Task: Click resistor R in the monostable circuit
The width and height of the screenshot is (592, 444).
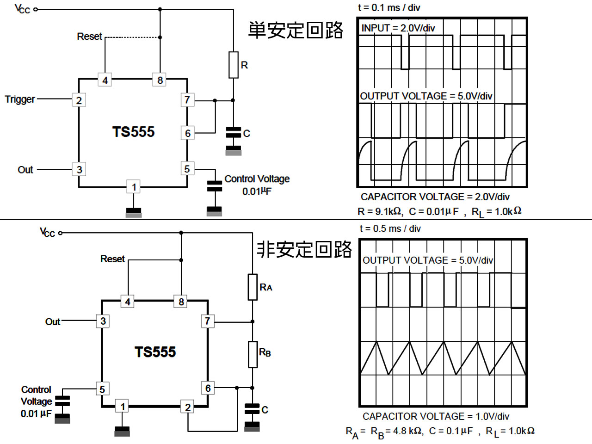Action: (234, 65)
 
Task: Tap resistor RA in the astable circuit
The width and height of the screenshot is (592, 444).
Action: (253, 287)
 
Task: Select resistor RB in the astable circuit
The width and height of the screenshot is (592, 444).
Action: (253, 354)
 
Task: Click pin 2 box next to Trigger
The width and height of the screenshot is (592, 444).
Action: (79, 100)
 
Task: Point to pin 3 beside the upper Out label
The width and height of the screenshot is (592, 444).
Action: (79, 169)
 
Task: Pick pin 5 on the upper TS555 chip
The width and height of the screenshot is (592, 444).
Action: (187, 169)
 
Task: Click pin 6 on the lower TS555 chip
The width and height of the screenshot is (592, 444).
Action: (208, 388)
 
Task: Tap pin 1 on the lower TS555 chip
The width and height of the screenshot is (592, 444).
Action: (123, 407)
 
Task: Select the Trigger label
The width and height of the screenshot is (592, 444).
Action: (20, 99)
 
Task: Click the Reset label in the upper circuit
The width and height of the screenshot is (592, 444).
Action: (89, 37)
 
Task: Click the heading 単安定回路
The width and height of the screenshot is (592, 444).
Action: (296, 30)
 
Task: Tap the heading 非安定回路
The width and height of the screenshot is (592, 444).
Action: (304, 250)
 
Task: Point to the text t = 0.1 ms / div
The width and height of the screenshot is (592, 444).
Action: (389, 8)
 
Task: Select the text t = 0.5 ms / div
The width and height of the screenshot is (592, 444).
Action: (390, 228)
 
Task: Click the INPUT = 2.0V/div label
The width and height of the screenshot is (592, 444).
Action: (398, 28)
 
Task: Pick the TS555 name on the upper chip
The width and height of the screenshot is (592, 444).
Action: (133, 132)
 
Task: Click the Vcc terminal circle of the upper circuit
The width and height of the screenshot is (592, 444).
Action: (36, 9)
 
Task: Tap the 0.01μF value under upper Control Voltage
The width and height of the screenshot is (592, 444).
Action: (257, 191)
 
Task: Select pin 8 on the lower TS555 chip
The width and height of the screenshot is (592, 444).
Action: (181, 302)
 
